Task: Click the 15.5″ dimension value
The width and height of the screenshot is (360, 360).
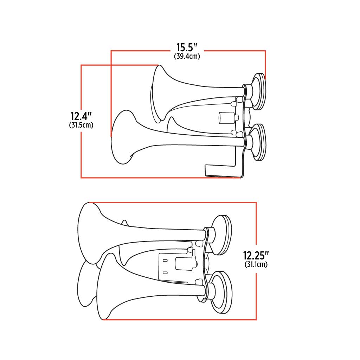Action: tap(187, 48)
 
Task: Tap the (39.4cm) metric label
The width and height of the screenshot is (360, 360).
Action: tap(187, 56)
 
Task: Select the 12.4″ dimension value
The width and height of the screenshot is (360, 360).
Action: tap(81, 116)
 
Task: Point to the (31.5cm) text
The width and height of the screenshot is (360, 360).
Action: tap(81, 125)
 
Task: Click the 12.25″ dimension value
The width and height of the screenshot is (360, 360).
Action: tap(256, 255)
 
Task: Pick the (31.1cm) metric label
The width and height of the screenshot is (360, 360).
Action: tap(256, 264)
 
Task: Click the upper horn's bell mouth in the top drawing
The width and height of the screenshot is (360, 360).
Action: tap(159, 93)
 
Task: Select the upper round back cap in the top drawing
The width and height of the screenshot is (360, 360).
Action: tap(259, 91)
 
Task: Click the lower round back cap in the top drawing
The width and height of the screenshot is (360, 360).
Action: tap(259, 142)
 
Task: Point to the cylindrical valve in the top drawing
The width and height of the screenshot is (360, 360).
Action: tap(227, 118)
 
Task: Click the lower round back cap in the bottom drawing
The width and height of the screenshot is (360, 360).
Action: tap(222, 292)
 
